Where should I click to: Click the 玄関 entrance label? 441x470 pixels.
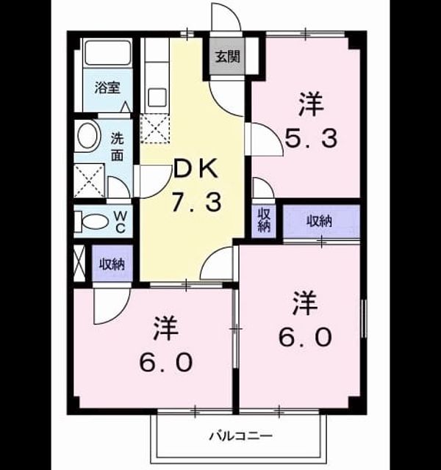point(228,57)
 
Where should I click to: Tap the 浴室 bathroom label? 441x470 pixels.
point(107,87)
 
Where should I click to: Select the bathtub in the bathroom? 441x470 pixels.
point(108,52)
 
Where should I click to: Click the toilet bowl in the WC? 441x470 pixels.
point(96,222)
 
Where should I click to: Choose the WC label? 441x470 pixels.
point(121,222)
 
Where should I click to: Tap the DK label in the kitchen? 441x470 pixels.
point(196,170)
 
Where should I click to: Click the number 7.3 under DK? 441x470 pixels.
point(197,202)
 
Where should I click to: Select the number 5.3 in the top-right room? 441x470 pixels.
point(311,139)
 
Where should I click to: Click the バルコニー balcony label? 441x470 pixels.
point(241,435)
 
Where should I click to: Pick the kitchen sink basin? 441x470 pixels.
point(157,97)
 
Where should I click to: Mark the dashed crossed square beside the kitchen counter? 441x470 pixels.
point(155,129)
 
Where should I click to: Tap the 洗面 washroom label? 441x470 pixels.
point(118,147)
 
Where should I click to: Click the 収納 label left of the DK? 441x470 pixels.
point(112,264)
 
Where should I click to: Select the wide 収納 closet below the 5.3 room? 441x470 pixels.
point(321,222)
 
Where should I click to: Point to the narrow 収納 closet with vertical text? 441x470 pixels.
point(264,221)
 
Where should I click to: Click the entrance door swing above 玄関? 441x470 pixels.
point(226,16)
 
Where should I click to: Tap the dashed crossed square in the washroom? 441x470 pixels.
point(89,181)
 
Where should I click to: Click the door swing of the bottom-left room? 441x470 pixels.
point(112,305)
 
